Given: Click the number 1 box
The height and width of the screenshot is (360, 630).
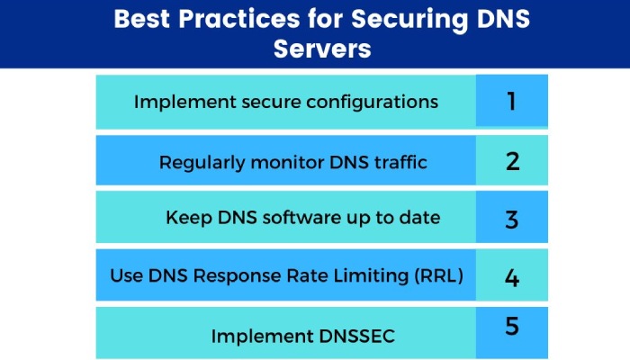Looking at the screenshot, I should pyautogui.click(x=511, y=102).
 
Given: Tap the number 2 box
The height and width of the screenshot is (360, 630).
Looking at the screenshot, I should pyautogui.click(x=511, y=162).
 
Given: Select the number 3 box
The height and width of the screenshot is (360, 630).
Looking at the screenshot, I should pyautogui.click(x=511, y=219).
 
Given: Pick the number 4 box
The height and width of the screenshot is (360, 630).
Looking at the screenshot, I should pyautogui.click(x=511, y=276).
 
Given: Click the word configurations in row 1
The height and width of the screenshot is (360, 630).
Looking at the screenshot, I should pyautogui.click(x=372, y=102).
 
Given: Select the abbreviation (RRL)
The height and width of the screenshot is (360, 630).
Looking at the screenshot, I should pyautogui.click(x=438, y=276).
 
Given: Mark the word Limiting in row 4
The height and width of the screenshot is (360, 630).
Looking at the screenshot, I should pyautogui.click(x=370, y=276).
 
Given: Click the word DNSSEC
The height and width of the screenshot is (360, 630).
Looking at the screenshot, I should pyautogui.click(x=355, y=336).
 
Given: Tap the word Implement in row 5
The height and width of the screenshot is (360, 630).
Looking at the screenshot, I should pyautogui.click(x=253, y=336).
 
